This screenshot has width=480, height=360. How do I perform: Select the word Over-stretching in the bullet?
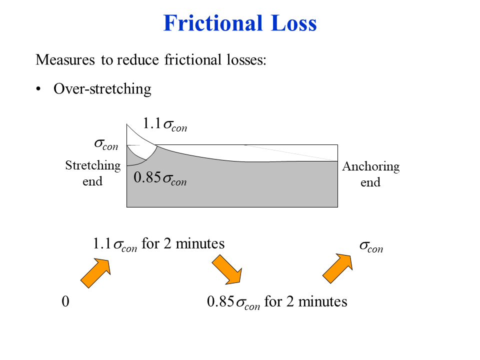tap(102, 89)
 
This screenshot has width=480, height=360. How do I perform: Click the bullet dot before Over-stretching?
tap(38, 89)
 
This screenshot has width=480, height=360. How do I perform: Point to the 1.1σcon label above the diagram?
tap(164, 124)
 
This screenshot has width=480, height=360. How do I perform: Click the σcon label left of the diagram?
tap(106, 144)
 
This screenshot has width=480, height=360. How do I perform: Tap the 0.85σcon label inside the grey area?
tap(160, 178)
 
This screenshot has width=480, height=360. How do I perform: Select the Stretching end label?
tap(93, 173)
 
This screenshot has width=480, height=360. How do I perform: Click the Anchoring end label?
tap(370, 174)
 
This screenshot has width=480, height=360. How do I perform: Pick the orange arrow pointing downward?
tap(227, 269)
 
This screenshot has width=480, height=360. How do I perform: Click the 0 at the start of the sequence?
tap(65, 301)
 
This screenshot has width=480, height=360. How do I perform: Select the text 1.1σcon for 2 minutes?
tap(158, 244)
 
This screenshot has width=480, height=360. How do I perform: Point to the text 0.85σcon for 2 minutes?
tap(276, 302)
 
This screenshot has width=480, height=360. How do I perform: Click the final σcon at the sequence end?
tap(371, 246)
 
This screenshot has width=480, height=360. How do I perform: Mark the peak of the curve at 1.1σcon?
tap(127, 124)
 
